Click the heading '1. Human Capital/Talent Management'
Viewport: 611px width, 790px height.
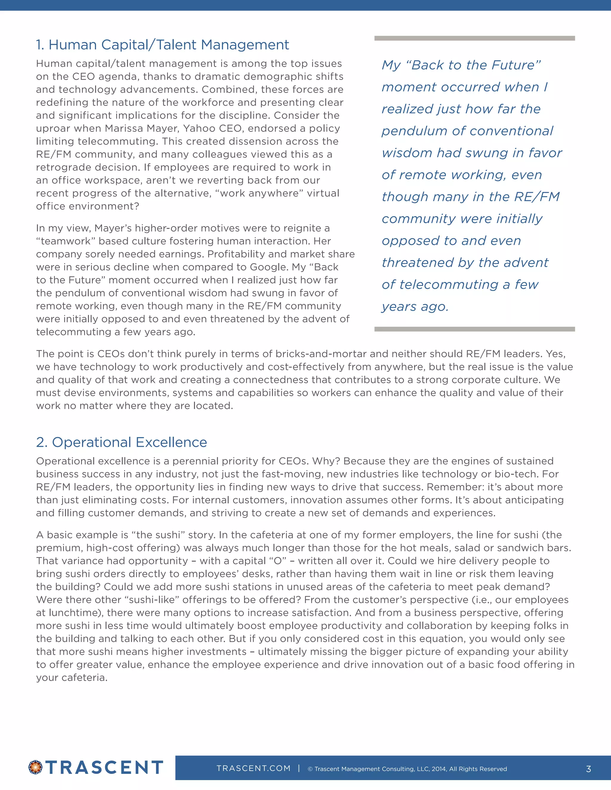162,45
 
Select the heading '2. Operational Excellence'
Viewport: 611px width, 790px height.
122,442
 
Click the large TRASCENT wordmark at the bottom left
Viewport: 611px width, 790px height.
104,767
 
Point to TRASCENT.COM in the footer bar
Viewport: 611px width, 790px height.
253,768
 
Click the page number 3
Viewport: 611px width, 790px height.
588,769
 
